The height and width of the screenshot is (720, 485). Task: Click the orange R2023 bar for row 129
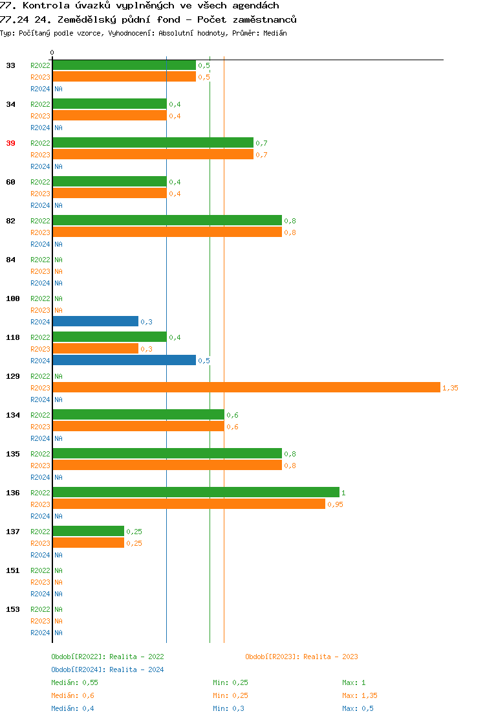pyautogui.click(x=246, y=387)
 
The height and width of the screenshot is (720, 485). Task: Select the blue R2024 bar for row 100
pyautogui.click(x=95, y=321)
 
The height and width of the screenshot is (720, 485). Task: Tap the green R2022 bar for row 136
pyautogui.click(x=195, y=492)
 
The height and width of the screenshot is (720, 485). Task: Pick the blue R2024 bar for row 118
pyautogui.click(x=124, y=360)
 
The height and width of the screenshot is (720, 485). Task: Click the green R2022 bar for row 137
pyautogui.click(x=88, y=531)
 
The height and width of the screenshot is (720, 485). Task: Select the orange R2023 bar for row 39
pyautogui.click(x=153, y=154)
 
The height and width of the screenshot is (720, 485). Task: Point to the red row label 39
pyautogui.click(x=10, y=143)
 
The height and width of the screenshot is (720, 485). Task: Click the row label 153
pyautogui.click(x=13, y=609)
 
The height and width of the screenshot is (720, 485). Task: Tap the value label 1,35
pyautogui.click(x=450, y=388)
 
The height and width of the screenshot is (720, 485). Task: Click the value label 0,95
pyautogui.click(x=335, y=504)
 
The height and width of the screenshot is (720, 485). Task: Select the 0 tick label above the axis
pyautogui.click(x=52, y=53)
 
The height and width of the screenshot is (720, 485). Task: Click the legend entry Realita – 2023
pyautogui.click(x=330, y=657)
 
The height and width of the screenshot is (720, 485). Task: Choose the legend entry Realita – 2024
pyautogui.click(x=136, y=669)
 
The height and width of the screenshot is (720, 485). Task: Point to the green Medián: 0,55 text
pyautogui.click(x=74, y=682)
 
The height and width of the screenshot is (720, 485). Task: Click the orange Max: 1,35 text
pyautogui.click(x=360, y=695)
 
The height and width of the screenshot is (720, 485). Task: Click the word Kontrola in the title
pyautogui.click(x=45, y=6)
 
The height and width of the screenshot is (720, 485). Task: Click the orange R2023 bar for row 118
pyautogui.click(x=95, y=348)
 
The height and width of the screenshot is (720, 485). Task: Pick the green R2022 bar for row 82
pyautogui.click(x=167, y=220)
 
